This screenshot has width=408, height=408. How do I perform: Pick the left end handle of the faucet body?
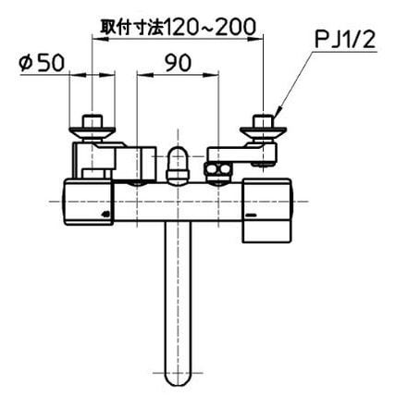pos(86,202)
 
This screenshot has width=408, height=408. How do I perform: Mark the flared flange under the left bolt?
pos(93,135)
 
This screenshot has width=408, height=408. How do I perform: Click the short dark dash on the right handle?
pos(250,216)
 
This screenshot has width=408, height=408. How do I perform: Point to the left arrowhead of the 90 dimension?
pos(139,78)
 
